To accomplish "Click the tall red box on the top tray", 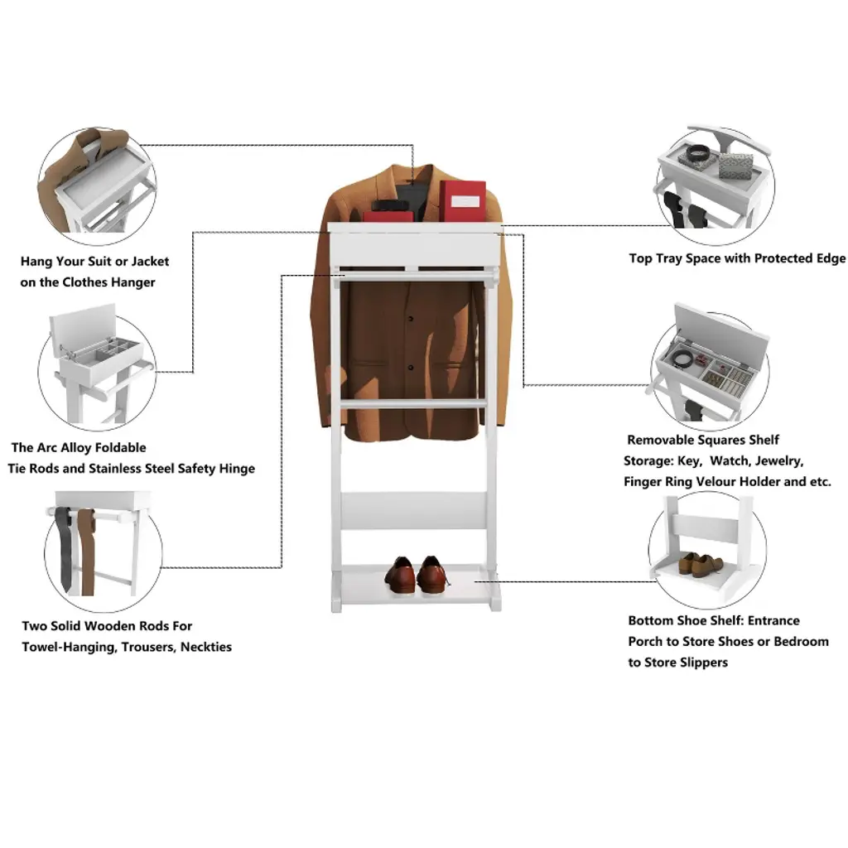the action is [x=462, y=201].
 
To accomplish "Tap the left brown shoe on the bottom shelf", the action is [x=401, y=576].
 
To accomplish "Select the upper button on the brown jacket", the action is [x=411, y=319].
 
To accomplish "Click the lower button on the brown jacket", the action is [x=411, y=368].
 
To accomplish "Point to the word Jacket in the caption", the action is [x=150, y=262].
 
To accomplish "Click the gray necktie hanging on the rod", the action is [x=64, y=549].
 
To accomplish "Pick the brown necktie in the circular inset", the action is [x=86, y=552].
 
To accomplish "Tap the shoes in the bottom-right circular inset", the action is [x=701, y=564].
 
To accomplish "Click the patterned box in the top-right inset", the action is [x=735, y=165].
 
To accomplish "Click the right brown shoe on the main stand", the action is [x=432, y=576].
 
